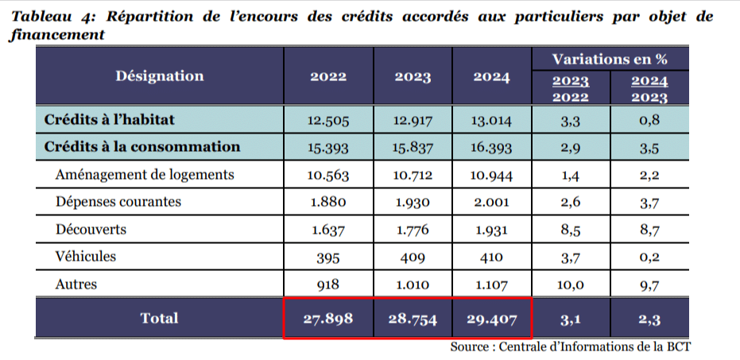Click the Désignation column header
(x=160, y=76)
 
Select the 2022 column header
(x=328, y=77)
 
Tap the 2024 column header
(x=491, y=77)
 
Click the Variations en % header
(x=610, y=58)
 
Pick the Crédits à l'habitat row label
(x=109, y=120)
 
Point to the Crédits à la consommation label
(x=142, y=146)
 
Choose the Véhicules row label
(x=86, y=257)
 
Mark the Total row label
(x=160, y=318)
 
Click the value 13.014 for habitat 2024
(x=491, y=121)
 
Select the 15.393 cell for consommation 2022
(x=328, y=148)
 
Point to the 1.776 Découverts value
(x=412, y=230)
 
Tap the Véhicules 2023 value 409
(x=412, y=257)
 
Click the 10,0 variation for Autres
(x=569, y=285)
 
